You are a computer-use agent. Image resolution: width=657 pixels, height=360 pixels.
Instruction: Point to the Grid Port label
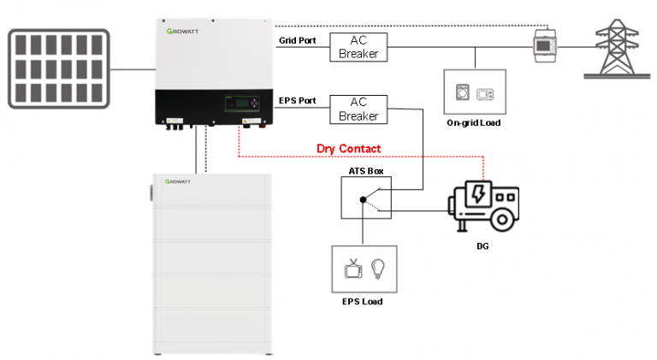pos(298,40)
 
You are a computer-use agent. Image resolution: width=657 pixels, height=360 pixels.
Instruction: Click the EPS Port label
pos(298,101)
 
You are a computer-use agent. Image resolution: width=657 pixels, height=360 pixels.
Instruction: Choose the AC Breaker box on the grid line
pos(358,47)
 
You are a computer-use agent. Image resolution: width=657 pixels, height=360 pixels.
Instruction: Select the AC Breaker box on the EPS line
pos(358,109)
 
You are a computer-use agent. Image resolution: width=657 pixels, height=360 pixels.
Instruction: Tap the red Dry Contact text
pos(348,149)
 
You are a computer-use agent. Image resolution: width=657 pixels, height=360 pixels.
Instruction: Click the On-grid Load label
pos(473,123)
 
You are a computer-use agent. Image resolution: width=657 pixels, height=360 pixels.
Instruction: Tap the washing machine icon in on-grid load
pos(463,93)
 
